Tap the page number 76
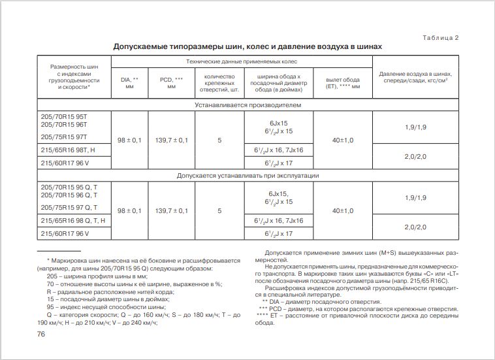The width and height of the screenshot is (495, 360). click(40, 335)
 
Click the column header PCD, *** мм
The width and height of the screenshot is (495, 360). click(171, 82)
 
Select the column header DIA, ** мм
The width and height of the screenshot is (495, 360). click(130, 82)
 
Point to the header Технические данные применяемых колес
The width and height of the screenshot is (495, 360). click(241, 61)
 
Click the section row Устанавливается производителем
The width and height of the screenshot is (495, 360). click(248, 105)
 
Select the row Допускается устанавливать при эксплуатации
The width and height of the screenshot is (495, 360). click(248, 176)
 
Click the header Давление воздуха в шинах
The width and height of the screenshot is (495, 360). click(415, 78)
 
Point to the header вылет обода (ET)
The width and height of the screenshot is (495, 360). click(343, 82)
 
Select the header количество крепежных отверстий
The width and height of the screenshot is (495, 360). click(219, 82)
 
